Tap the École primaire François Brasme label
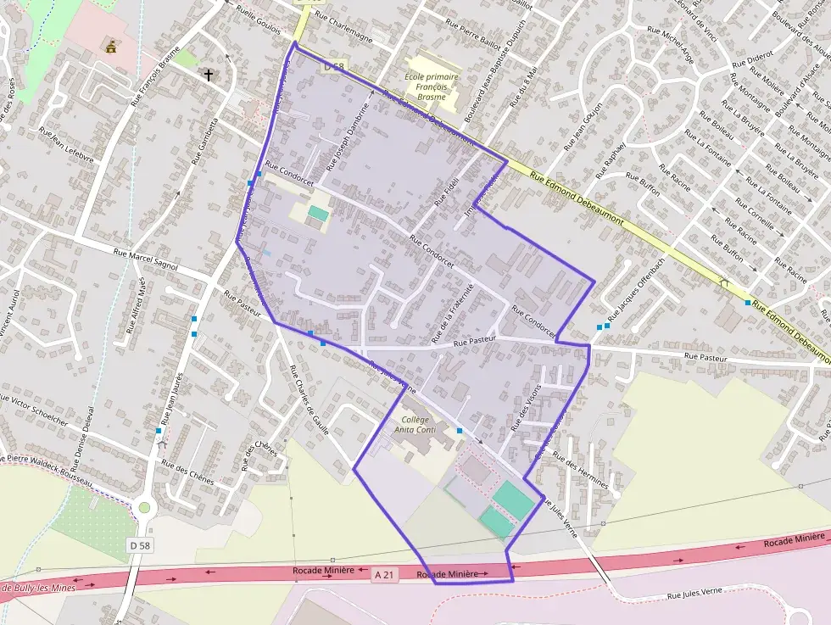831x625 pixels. pyautogui.click(x=431, y=86)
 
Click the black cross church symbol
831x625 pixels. pyautogui.click(x=208, y=75)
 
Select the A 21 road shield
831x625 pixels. pyautogui.click(x=384, y=575)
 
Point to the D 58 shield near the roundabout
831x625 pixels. pyautogui.click(x=141, y=545)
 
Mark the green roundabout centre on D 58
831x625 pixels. pyautogui.click(x=144, y=508)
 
